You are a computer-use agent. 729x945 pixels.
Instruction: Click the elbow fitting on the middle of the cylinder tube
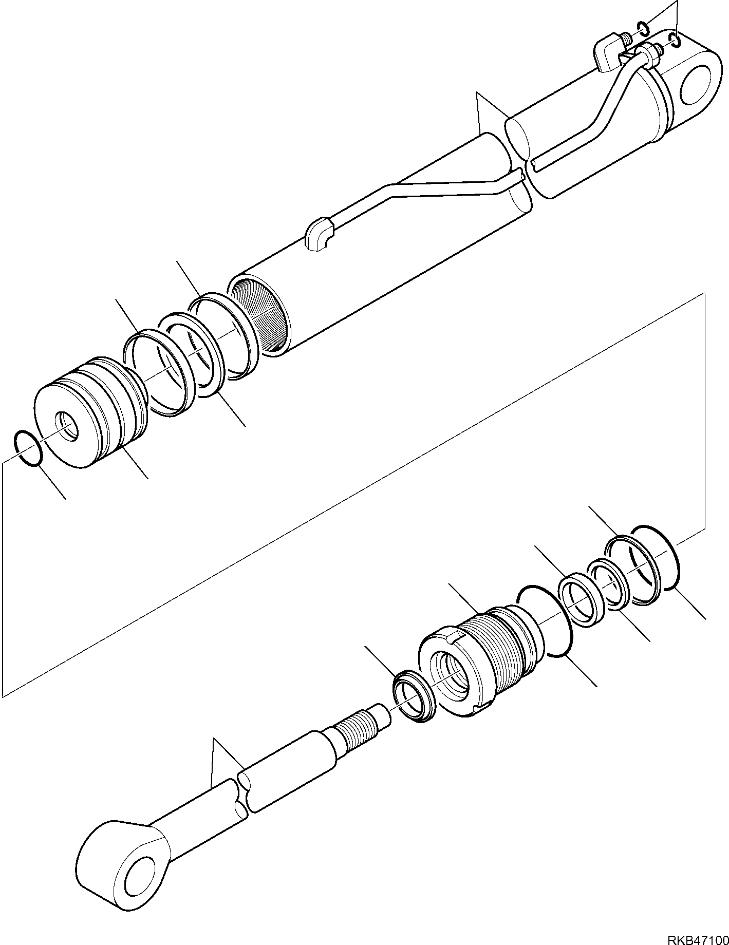point(319,234)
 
